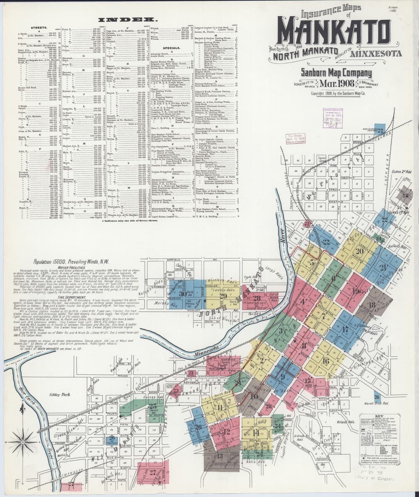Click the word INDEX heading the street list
(x=128, y=19)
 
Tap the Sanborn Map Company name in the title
(x=337, y=73)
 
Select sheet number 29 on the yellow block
(x=223, y=295)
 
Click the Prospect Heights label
(x=302, y=446)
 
